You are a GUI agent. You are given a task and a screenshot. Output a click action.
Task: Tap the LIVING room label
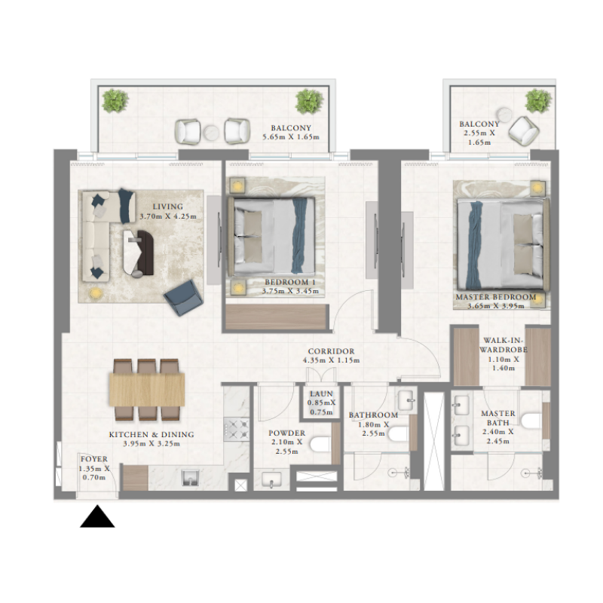(167, 207)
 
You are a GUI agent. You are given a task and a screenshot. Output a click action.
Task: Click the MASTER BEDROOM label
(496, 298)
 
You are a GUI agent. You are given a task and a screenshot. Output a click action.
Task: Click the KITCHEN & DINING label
(152, 435)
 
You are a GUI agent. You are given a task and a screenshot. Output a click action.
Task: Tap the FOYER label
(94, 458)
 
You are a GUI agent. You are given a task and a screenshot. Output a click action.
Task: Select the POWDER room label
(286, 433)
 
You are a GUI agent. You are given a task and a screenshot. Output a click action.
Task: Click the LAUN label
(321, 392)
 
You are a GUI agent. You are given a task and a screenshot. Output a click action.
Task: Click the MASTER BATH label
(497, 414)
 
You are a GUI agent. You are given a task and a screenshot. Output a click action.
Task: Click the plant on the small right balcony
(538, 99)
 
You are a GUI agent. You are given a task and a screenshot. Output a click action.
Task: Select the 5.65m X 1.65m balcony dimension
(291, 137)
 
